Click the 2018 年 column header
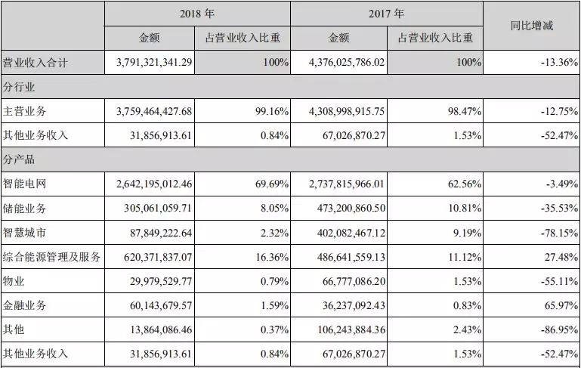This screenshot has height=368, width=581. point(197,14)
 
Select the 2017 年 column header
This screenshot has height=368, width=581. point(386,14)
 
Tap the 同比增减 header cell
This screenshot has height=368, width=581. point(532,26)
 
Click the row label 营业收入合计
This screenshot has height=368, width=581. point(36,62)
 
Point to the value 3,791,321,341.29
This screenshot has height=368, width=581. point(154,62)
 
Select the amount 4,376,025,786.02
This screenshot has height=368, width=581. point(347,62)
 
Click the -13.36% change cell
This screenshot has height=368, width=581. point(559,62)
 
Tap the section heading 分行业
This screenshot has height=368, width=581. point(19,87)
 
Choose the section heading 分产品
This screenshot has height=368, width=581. point(19,159)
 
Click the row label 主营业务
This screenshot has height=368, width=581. point(24,111)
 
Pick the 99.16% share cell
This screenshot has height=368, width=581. point(271,111)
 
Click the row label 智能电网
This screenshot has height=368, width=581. point(24,184)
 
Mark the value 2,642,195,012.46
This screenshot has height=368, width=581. point(154,184)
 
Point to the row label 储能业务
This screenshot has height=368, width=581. point(24,208)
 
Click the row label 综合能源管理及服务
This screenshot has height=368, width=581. point(51,256)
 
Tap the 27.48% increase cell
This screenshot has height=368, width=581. point(561,257)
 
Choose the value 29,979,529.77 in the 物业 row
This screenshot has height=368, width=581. point(161,281)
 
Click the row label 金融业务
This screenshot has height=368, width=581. point(24,305)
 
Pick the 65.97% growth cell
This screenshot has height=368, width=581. point(561,305)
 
